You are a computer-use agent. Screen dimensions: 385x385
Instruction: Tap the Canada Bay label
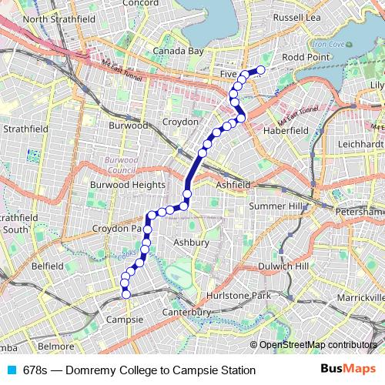point(178,52)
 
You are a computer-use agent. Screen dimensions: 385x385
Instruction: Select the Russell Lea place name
point(300,16)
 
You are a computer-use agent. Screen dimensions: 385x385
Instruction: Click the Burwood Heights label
point(128,185)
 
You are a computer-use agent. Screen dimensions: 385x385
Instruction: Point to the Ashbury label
point(191,243)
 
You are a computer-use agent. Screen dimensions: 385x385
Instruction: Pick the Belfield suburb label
point(48,265)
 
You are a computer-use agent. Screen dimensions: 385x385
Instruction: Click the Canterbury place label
point(187,312)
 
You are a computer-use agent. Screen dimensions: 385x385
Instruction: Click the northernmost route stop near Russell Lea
point(260,70)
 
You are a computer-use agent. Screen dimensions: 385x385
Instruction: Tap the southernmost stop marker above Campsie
point(126,293)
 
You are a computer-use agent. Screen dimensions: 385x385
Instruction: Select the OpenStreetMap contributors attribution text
point(318,345)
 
